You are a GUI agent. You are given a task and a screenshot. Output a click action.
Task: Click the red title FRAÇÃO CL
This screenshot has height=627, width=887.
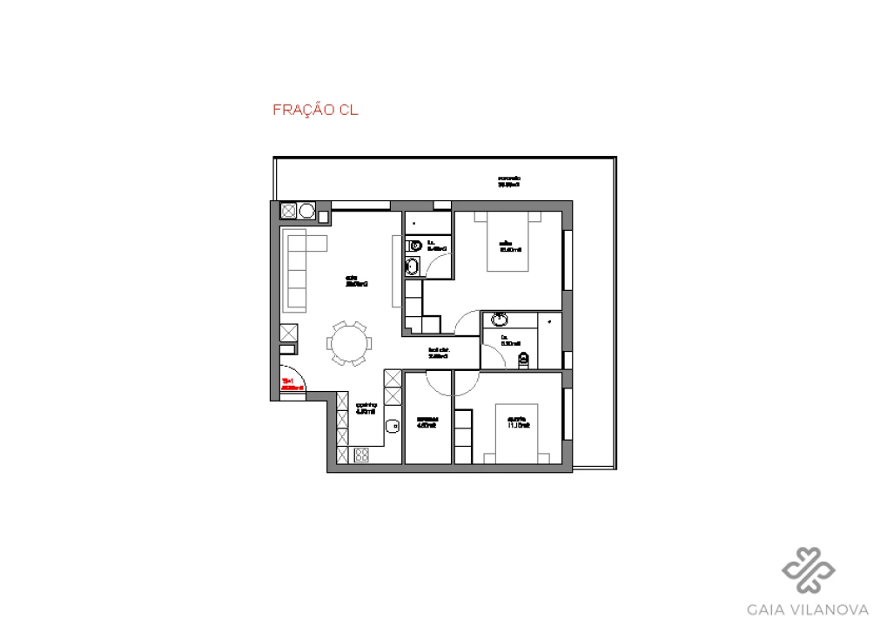pos(315,111)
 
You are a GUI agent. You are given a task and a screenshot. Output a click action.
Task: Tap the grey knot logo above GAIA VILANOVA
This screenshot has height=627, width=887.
pos(809,570)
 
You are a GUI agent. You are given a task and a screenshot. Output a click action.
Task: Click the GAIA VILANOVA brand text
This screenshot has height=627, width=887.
pos(809,609)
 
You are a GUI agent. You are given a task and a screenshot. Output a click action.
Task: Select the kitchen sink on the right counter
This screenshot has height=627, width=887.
pos(392,426)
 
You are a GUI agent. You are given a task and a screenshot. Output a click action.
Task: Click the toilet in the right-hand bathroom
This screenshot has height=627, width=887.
pos(523,360)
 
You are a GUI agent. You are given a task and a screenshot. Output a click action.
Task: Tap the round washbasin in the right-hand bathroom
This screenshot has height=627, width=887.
pos(500,319)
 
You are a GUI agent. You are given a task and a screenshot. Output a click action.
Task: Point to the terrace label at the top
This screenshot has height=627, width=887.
pos(508,181)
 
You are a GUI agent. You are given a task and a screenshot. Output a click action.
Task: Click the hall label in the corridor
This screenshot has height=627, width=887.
pos(438,354)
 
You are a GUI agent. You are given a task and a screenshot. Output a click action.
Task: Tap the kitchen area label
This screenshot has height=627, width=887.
pos(366,408)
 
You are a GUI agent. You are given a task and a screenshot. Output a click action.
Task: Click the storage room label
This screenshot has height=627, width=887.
pos(427,421)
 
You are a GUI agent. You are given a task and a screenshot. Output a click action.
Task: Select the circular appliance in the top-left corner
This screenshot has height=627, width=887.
pos(306,211)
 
